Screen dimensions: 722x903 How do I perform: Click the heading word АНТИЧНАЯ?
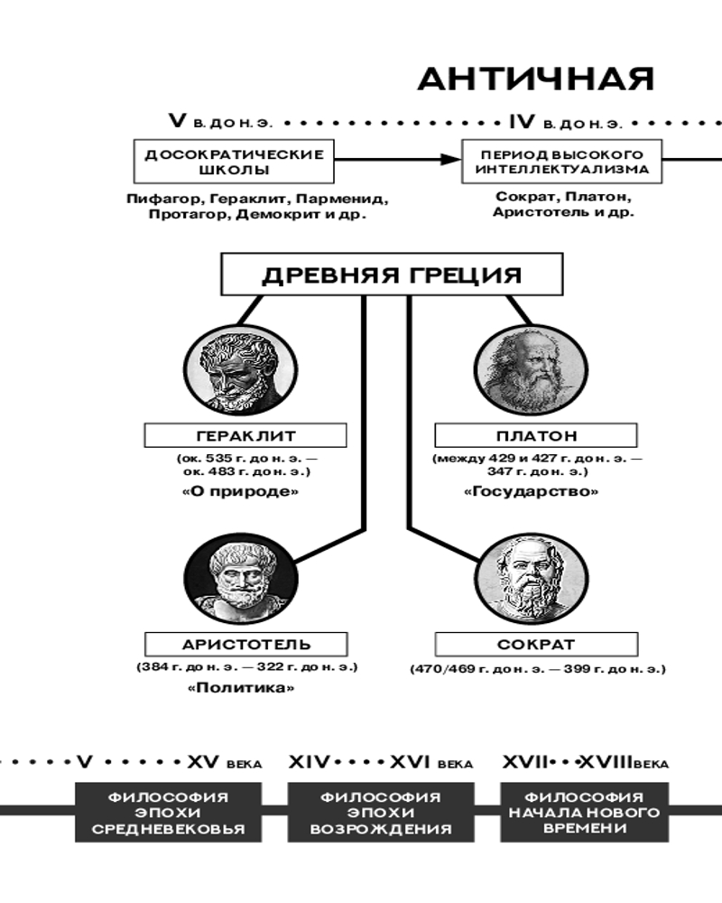click(536, 79)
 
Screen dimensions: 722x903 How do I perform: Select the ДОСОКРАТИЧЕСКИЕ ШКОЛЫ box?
click(234, 162)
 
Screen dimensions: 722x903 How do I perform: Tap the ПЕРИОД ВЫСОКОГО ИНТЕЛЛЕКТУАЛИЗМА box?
click(562, 162)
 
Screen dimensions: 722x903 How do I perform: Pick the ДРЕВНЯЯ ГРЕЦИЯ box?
click(392, 275)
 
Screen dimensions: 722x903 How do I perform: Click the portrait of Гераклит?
click(241, 369)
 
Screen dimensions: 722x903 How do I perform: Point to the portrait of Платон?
click(531, 369)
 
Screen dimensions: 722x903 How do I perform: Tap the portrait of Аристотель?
click(241, 579)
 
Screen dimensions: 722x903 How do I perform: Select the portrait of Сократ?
click(532, 579)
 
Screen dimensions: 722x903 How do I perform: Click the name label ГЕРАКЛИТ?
click(245, 435)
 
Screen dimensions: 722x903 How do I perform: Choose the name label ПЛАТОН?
click(536, 435)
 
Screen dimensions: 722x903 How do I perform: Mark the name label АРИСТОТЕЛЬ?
click(245, 645)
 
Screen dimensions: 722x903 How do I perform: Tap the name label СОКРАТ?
click(536, 645)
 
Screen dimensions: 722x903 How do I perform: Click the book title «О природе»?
click(241, 492)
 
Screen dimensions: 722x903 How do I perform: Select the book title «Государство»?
click(531, 492)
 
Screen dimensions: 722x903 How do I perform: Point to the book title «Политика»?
click(241, 687)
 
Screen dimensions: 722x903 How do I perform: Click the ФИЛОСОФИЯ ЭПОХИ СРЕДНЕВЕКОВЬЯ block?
click(168, 812)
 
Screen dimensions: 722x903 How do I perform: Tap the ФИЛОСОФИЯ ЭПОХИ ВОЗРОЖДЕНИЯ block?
click(381, 812)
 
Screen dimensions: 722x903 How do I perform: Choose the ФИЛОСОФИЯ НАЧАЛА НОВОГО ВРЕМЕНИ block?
click(585, 812)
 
